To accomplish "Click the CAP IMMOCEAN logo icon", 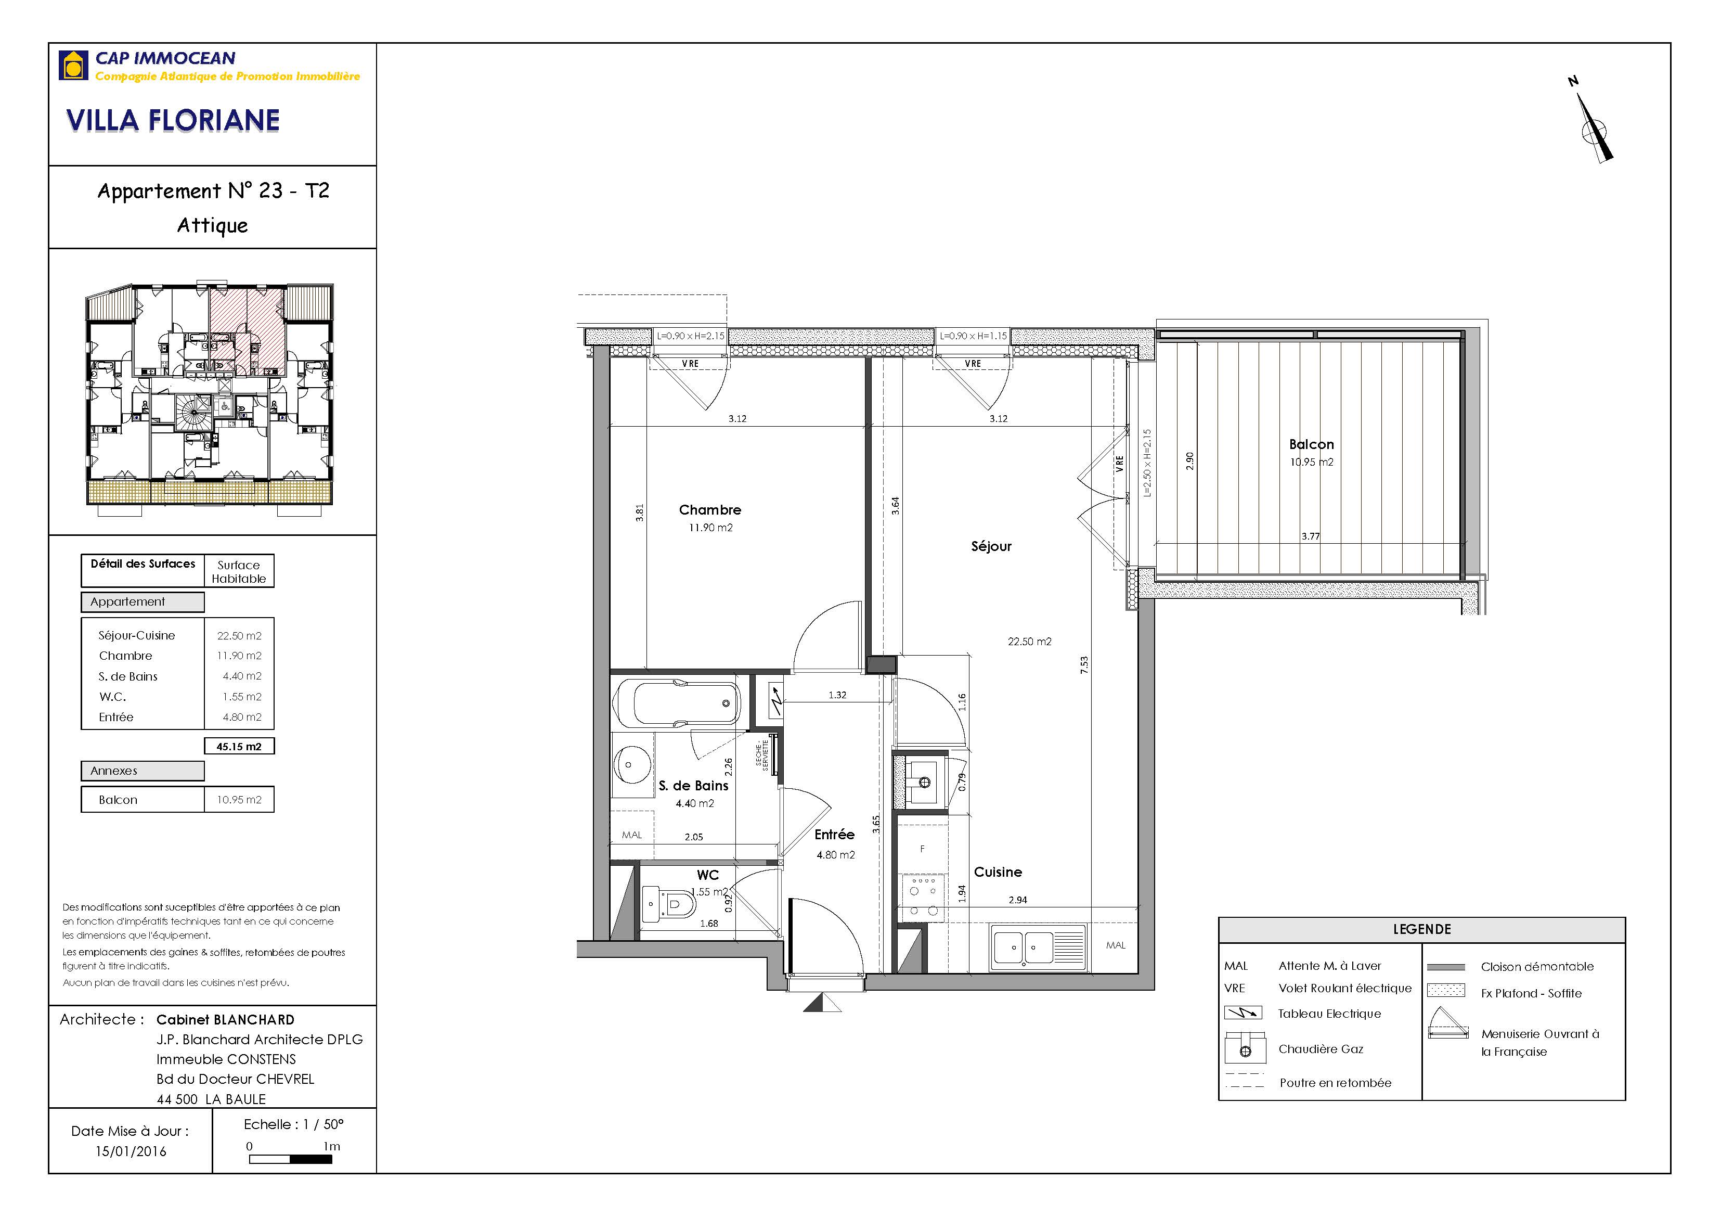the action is click(x=73, y=65).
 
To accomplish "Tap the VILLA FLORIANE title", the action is click(x=173, y=121).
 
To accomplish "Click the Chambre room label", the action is click(x=710, y=510).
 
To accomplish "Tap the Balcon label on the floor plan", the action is click(x=1311, y=445).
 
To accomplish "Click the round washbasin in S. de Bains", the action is click(x=628, y=765).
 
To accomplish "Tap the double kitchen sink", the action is click(x=1038, y=947).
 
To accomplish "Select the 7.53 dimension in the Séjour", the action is click(x=1084, y=665).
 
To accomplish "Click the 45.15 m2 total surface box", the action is click(x=239, y=746).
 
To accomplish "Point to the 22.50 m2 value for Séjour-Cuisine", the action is click(x=239, y=636).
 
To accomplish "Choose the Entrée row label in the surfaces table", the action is click(x=116, y=718).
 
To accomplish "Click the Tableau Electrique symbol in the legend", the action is click(x=1244, y=1013).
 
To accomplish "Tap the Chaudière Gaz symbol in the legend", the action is click(x=1245, y=1048).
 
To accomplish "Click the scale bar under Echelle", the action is click(x=290, y=1159).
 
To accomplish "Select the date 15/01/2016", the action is click(x=131, y=1151).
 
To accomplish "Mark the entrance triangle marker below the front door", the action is click(x=822, y=1003).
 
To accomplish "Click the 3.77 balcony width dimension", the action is click(x=1310, y=536).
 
